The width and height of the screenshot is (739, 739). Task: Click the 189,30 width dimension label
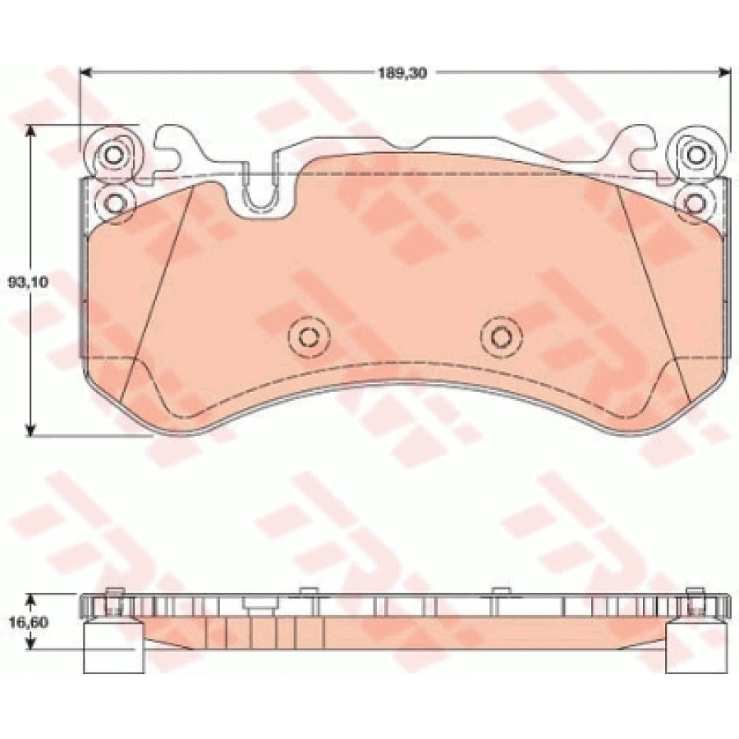tap(402, 73)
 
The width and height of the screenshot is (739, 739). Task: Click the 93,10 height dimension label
tap(28, 282)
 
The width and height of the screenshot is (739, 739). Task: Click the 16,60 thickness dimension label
tap(28, 622)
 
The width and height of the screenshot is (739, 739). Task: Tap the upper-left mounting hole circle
tap(113, 154)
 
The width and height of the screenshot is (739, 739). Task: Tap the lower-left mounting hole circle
tap(113, 203)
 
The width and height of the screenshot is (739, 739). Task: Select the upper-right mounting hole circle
tap(694, 154)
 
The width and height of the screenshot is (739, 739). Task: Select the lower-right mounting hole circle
tap(694, 203)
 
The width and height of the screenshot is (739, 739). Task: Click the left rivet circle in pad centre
tap(310, 337)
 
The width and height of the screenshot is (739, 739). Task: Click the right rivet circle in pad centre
tap(502, 337)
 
